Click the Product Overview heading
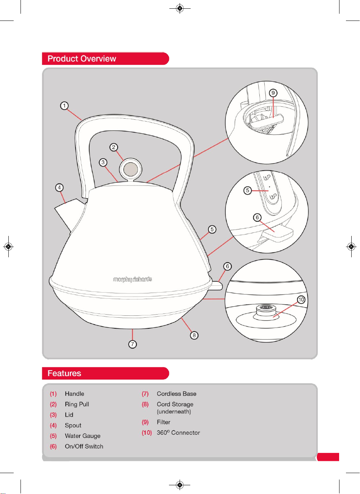coord(82,59)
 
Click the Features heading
coord(64,373)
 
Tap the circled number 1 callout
coord(65,106)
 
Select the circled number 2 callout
coord(114,147)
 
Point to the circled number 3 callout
coord(103,163)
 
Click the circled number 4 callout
coord(59,188)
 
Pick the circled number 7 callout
coord(133,344)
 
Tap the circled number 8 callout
coord(194,336)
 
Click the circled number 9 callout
coord(273,93)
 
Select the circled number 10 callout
coord(301,299)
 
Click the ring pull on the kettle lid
coord(131,169)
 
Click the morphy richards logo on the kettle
coord(133,279)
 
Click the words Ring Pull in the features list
coord(77,404)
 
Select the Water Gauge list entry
coord(82,436)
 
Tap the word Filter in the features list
coord(163,422)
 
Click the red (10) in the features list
coord(147,433)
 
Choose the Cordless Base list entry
coord(176,394)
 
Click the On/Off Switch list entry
coord(84,446)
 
